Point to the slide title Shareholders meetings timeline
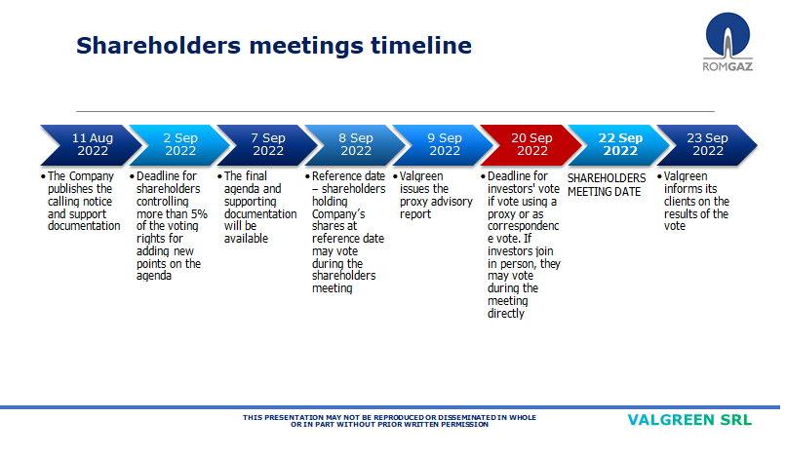click(274, 46)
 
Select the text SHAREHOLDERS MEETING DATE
click(607, 185)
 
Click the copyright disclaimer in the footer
click(389, 421)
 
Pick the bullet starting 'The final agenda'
click(259, 208)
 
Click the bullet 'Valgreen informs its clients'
click(694, 202)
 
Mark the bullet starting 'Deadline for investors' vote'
click(524, 245)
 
